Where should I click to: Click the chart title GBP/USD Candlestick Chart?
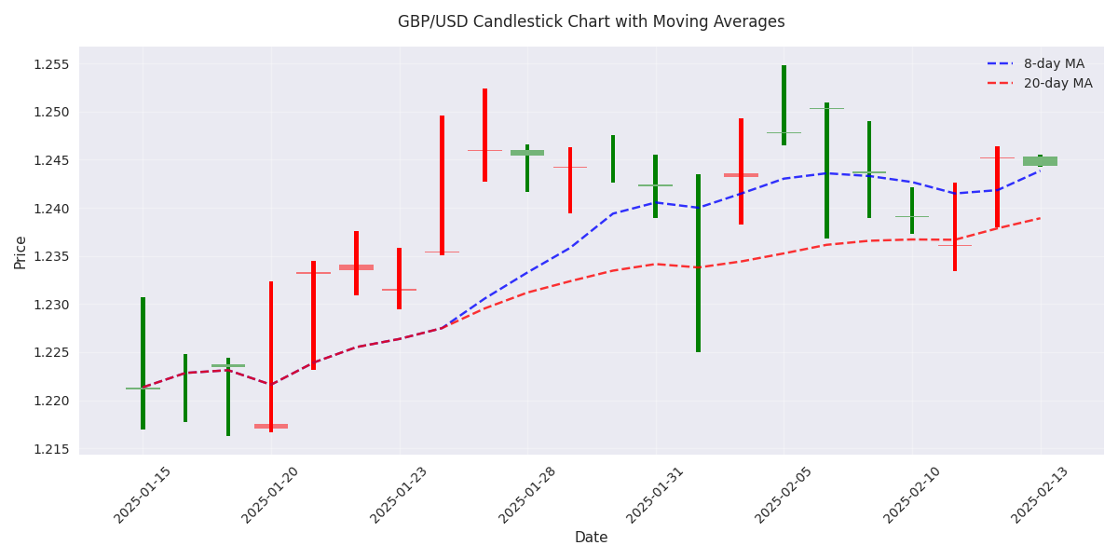[591, 21]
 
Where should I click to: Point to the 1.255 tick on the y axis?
[52, 64]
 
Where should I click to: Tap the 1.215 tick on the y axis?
[52, 449]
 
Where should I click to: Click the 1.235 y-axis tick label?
[52, 256]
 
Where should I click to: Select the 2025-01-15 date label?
[143, 495]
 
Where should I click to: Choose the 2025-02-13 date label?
[1040, 495]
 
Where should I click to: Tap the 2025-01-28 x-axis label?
[527, 495]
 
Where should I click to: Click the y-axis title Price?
[20, 252]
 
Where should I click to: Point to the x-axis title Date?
[591, 538]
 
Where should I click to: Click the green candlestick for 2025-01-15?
[143, 363]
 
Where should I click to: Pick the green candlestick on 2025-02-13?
[1040, 161]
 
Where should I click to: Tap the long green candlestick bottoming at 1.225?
[698, 263]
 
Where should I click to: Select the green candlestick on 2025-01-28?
[527, 168]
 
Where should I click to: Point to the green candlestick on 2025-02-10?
[912, 211]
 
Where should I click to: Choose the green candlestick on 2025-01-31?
[655, 186]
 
